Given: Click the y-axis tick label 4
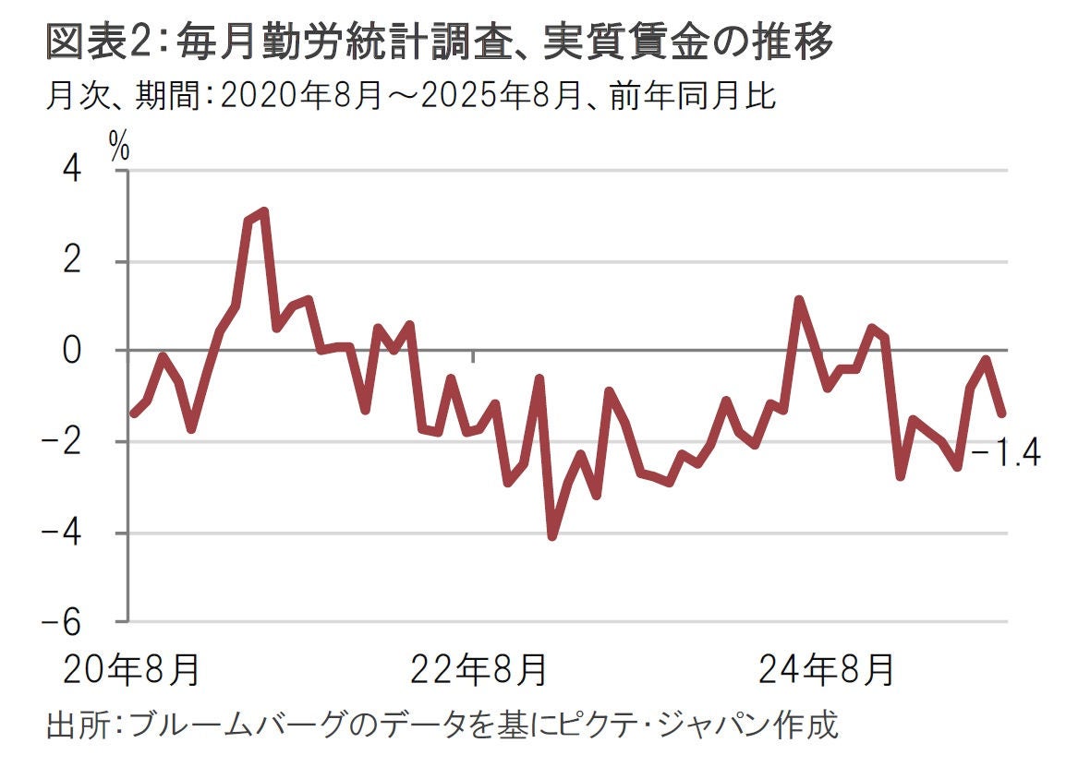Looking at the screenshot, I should (96, 171).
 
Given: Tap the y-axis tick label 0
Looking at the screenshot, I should (96, 352).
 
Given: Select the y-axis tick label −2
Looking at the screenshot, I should (86, 442).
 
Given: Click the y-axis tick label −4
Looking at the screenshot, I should (86, 533).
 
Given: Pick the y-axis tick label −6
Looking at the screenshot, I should (86, 623).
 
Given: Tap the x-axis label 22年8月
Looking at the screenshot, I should (478, 671).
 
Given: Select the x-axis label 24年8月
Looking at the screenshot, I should (826, 671).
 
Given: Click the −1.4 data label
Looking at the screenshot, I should (1007, 453).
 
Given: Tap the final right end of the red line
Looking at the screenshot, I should (1001, 413).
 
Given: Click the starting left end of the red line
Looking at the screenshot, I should (133, 413).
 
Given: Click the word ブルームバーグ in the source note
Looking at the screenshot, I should (244, 725).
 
